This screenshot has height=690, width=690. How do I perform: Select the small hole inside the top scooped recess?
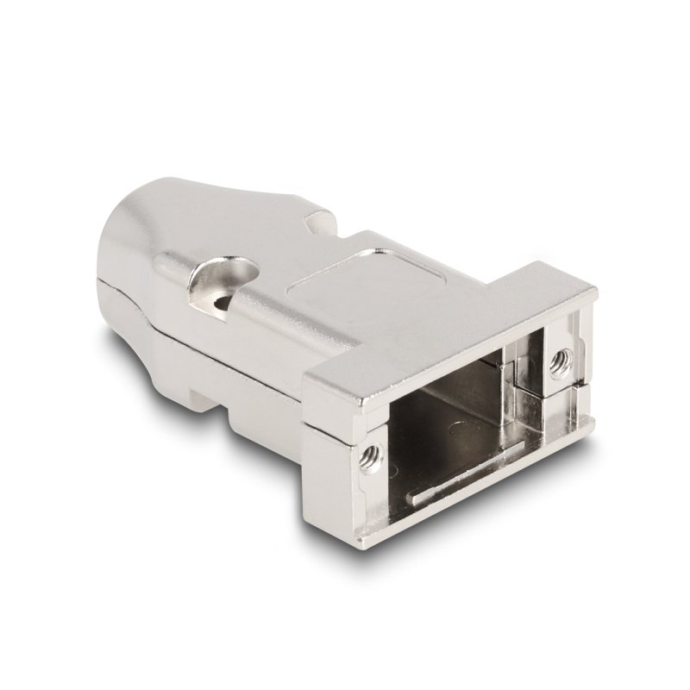point(226,302)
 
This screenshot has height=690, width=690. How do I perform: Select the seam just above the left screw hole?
point(345,428)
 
